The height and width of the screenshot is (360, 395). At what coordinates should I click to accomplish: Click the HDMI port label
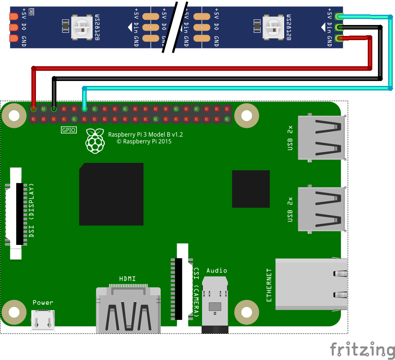pos(128,279)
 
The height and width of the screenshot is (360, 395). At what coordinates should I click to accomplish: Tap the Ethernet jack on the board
pos(311,284)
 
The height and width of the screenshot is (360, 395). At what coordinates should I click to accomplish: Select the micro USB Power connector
pos(42,319)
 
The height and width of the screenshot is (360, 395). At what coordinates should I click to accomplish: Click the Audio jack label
pos(217,270)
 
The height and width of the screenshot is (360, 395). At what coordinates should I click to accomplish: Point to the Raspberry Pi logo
pos(95,141)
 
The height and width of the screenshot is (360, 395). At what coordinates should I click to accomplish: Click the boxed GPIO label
pos(69,130)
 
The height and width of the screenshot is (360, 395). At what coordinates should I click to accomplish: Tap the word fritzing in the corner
pos(362,349)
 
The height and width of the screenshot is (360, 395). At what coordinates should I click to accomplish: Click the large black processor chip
pos(111,194)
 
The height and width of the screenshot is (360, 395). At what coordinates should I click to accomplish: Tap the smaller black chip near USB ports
pos(251,189)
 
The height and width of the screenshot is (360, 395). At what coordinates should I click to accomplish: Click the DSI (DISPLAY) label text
pos(32,210)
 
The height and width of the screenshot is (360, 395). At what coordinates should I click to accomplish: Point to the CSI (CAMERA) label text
pos(196,291)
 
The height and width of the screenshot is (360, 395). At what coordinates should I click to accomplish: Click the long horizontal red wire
pos(201,68)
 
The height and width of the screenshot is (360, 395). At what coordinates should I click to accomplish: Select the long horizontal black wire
pos(216,78)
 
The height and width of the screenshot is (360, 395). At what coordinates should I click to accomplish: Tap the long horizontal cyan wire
pos(235,88)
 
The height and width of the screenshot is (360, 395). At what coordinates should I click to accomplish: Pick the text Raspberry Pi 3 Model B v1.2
pos(146,134)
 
